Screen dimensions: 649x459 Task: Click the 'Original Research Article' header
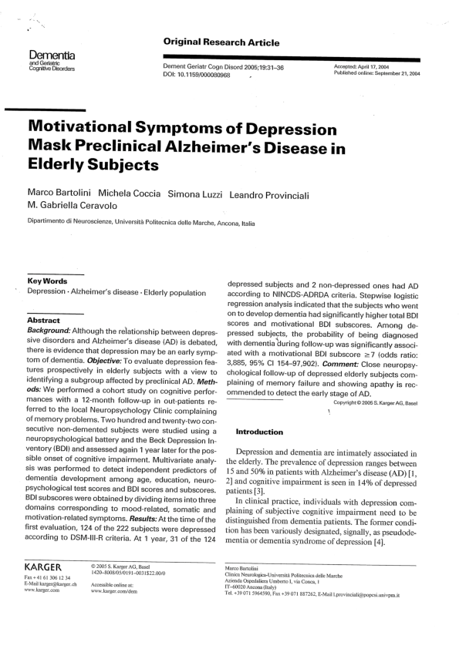coord(221,42)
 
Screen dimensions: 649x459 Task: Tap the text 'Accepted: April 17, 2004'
coord(366,67)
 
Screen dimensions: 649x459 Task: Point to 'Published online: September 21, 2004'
coord(377,74)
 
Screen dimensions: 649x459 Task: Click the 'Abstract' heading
coord(44,320)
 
